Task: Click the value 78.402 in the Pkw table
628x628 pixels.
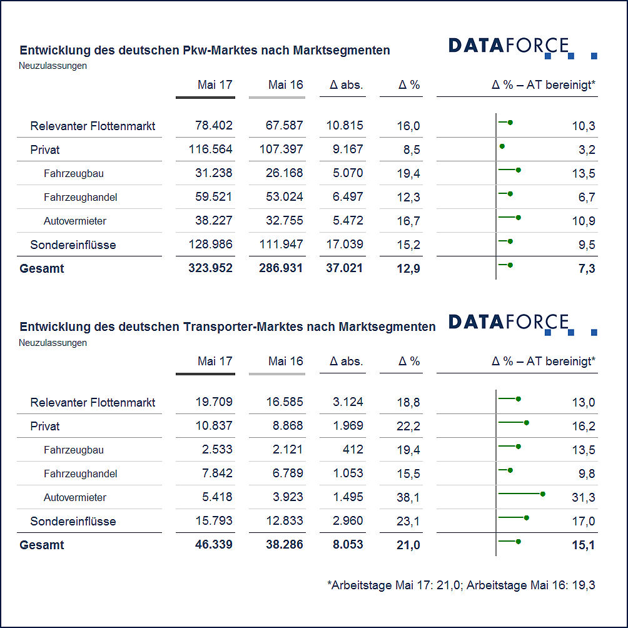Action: pyautogui.click(x=213, y=125)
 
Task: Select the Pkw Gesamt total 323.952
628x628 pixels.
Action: pyautogui.click(x=210, y=268)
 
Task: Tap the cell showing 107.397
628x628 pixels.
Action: pyautogui.click(x=281, y=149)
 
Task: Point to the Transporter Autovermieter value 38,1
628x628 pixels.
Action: pyautogui.click(x=408, y=497)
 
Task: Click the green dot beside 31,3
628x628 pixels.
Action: pyautogui.click(x=543, y=494)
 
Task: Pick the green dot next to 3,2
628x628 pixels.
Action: pyautogui.click(x=502, y=146)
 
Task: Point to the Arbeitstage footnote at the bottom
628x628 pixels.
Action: pyautogui.click(x=461, y=585)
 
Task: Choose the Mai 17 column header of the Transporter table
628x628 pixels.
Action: pyautogui.click(x=215, y=362)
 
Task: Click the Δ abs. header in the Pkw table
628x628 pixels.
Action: pyautogui.click(x=346, y=85)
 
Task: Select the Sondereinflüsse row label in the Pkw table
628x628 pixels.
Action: pyautogui.click(x=73, y=245)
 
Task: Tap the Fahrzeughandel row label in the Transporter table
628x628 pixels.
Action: pyautogui.click(x=80, y=474)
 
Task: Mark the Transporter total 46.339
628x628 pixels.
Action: pyautogui.click(x=213, y=544)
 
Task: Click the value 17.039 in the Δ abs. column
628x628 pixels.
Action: pyautogui.click(x=345, y=244)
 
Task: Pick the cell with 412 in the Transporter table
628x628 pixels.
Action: pyautogui.click(x=353, y=449)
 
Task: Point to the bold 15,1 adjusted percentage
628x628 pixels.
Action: pyautogui.click(x=583, y=545)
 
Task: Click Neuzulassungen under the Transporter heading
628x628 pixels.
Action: pyautogui.click(x=53, y=343)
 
